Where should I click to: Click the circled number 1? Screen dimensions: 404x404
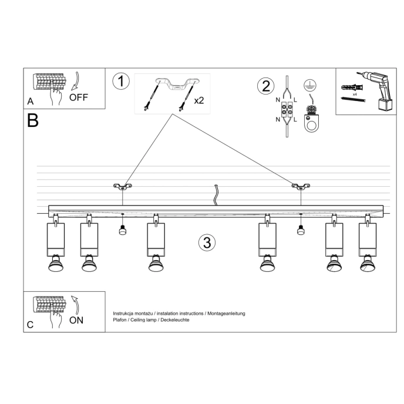pyautogui.click(x=120, y=81)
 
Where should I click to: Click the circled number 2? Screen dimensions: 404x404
pyautogui.click(x=265, y=86)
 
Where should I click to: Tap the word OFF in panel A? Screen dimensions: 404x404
pyautogui.click(x=79, y=97)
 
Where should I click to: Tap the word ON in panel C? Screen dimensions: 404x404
pyautogui.click(x=76, y=320)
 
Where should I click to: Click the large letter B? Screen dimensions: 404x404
pyautogui.click(x=32, y=121)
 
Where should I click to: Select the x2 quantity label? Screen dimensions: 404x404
pyautogui.click(x=199, y=100)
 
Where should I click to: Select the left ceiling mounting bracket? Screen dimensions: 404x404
pyautogui.click(x=122, y=187)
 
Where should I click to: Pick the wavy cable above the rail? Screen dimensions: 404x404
pyautogui.click(x=216, y=194)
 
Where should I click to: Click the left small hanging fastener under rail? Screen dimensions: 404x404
pyautogui.click(x=122, y=229)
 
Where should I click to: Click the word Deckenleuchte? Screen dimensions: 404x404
pyautogui.click(x=174, y=320)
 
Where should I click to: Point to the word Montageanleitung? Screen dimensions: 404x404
pyautogui.click(x=226, y=314)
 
